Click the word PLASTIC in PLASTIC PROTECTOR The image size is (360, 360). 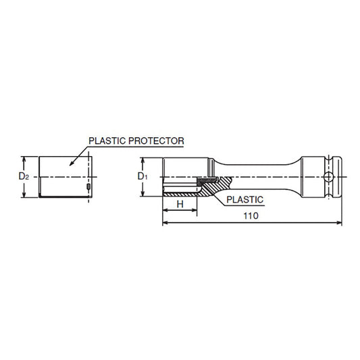tap(107, 140)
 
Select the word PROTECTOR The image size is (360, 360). tap(156, 140)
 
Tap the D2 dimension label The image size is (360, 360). tap(24, 176)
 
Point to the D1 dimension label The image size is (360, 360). tap(143, 176)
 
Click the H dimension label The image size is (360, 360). tap(180, 204)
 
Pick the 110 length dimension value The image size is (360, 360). tap(251, 216)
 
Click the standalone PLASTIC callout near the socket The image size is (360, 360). tap(245, 199)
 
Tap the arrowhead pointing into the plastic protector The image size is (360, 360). tap(72, 163)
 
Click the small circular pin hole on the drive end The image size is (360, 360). tap(328, 177)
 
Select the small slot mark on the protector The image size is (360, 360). tap(88, 186)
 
